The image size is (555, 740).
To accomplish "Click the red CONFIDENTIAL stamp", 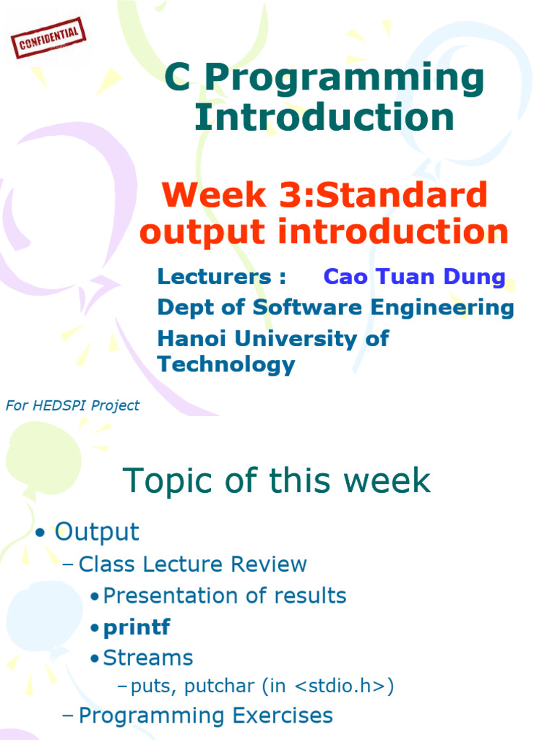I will pos(48,38).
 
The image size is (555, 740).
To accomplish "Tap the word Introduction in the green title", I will pos(324,117).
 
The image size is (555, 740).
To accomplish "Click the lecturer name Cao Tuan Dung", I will pos(414,277).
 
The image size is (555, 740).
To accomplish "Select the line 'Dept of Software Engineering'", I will pos(335,308).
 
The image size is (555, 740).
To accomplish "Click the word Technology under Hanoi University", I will pos(226,365).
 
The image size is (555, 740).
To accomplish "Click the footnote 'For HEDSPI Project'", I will pos(72,406).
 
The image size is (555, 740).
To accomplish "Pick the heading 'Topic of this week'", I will pos(277,481).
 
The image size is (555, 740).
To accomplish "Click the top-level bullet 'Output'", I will pos(97,533).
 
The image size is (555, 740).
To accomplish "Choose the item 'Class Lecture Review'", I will pos(192,564).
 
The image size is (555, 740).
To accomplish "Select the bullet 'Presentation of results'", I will pos(224,596).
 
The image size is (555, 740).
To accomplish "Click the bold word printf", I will pos(137,627).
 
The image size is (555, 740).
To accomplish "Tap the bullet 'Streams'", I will pos(147,658).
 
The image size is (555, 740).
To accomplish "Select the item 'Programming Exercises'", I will pos(205,716).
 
